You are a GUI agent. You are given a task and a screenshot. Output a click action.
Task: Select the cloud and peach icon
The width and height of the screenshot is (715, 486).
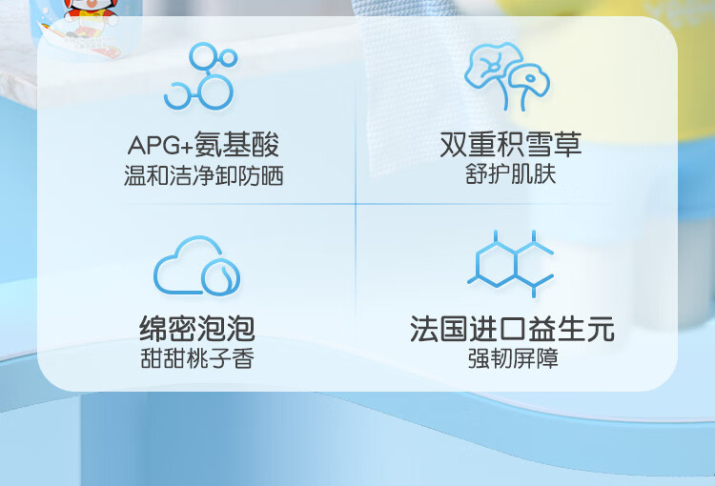[197, 266]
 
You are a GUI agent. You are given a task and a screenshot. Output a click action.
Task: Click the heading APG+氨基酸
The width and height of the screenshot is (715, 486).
[203, 145]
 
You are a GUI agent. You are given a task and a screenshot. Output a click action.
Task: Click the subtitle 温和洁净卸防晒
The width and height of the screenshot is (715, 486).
[203, 175]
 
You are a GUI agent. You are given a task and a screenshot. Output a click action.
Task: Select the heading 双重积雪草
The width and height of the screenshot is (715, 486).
[511, 145]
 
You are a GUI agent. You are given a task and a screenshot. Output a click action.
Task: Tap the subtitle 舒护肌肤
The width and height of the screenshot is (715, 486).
[511, 174]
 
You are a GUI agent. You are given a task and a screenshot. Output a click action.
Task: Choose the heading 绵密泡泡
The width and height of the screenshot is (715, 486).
[197, 328]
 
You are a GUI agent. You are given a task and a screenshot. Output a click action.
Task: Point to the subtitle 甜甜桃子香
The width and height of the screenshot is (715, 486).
[197, 358]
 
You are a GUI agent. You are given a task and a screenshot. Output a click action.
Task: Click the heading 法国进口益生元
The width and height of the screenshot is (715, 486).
[512, 328]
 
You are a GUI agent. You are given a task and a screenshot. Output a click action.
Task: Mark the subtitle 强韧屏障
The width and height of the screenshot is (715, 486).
[513, 358]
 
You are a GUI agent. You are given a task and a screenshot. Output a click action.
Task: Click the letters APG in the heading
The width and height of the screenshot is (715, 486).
[153, 146]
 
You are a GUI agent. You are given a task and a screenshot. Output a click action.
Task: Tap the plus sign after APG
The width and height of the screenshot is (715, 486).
[187, 147]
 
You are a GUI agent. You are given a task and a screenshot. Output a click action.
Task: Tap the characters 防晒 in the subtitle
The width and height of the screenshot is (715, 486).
[261, 175]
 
